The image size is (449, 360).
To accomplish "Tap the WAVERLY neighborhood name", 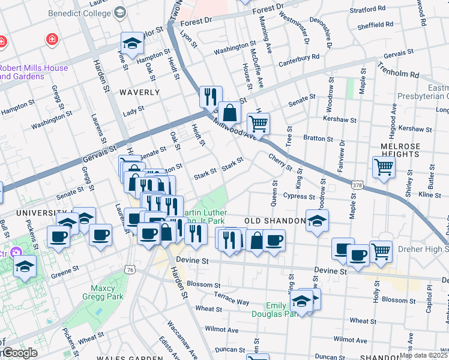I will point(139,92).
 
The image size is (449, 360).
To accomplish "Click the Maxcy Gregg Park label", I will point(103,293).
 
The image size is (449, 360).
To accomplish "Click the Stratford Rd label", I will point(367,9).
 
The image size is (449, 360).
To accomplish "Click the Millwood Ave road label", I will point(237,128).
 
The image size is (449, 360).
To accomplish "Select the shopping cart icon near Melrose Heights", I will point(384,166).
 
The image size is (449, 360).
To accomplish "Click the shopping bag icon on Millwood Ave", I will point(229,111).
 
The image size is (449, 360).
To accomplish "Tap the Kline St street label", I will point(430,195).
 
